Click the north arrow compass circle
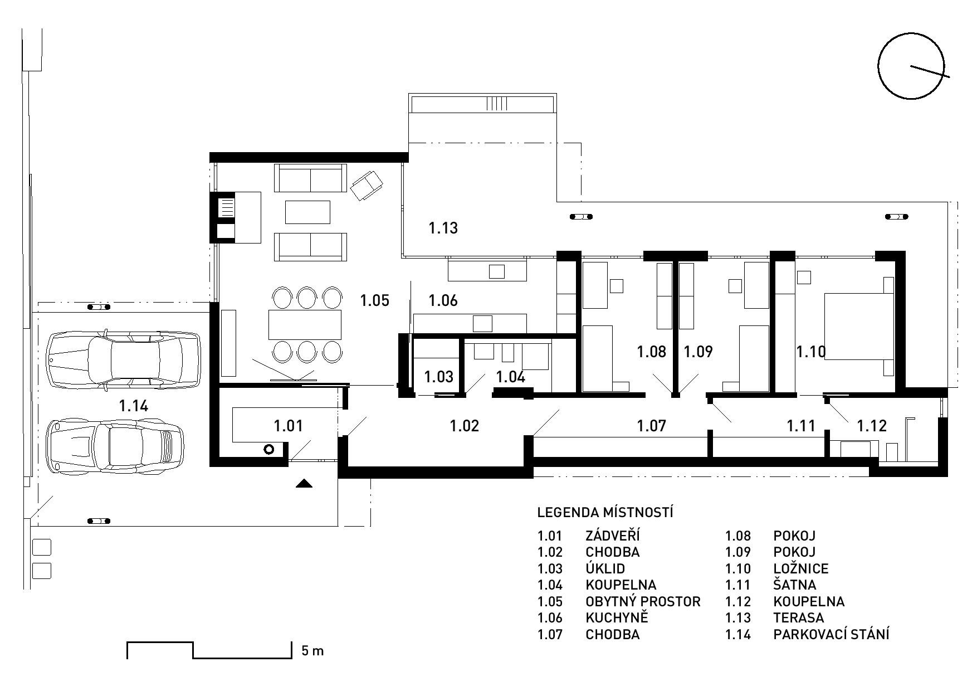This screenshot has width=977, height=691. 879,66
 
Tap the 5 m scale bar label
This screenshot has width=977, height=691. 312,650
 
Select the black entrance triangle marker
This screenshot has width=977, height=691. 304,483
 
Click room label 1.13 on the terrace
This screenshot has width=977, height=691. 443,228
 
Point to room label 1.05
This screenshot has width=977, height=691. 374,300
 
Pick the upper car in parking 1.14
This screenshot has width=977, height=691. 124,359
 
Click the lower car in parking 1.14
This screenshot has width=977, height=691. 115,447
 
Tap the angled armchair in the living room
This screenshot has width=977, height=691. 367,184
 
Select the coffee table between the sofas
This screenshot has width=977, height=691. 307,212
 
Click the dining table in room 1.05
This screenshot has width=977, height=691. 305,324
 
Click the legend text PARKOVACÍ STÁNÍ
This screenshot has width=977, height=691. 831,634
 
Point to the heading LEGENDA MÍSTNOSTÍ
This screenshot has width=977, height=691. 605,512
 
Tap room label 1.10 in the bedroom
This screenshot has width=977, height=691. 810,352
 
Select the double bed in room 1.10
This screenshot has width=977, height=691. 859,326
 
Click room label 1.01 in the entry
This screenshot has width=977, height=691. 288,426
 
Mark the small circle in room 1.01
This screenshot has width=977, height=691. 269,449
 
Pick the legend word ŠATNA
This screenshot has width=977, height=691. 795,585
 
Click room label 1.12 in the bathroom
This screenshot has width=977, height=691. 871,426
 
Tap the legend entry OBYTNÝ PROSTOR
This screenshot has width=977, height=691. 643,602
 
